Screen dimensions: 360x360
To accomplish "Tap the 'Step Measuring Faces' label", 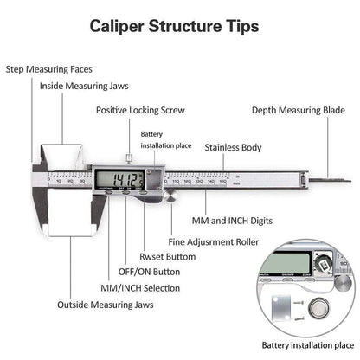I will (49, 68).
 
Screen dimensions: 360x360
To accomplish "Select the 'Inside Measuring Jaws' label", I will (78, 86).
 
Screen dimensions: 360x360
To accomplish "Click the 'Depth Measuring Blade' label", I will (299, 111).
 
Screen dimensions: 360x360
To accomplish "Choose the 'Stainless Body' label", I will (234, 148).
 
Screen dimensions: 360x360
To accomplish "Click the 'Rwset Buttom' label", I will (168, 258).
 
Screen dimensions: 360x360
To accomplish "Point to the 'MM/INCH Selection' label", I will (139, 287).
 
